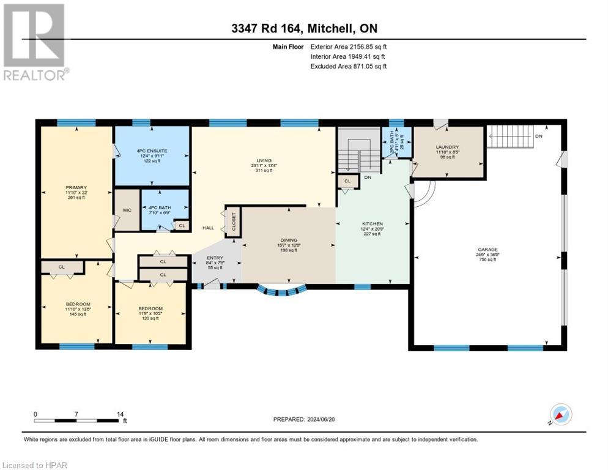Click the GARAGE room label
tap(488, 250)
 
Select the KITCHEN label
tap(372, 224)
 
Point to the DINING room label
tap(289, 241)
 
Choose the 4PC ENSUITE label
tap(152, 151)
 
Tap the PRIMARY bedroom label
tap(76, 188)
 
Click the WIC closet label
tap(127, 210)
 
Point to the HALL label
tap(208, 228)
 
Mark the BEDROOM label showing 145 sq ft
tap(78, 304)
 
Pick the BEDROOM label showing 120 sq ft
tap(150, 308)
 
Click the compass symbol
tap(562, 415)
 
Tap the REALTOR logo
tap(35, 42)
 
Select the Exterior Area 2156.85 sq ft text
tap(349, 46)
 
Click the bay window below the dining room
tap(282, 291)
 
